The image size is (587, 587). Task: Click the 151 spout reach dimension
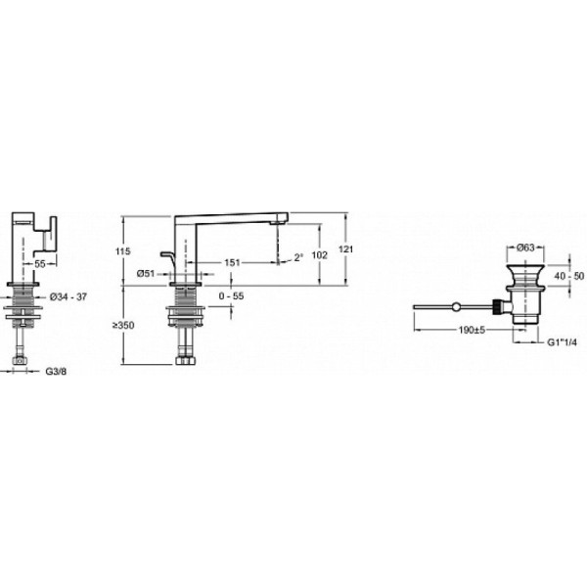[x=232, y=262]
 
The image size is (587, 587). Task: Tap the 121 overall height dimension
[x=345, y=248]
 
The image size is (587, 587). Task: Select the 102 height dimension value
[x=319, y=255]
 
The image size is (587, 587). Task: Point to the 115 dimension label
[x=123, y=251]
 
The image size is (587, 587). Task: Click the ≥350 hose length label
[x=123, y=325]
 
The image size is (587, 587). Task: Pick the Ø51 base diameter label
[x=146, y=273]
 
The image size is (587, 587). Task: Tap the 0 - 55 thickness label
[x=231, y=295]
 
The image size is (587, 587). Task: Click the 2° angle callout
[x=298, y=257]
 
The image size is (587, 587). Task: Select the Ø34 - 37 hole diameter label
[x=68, y=296]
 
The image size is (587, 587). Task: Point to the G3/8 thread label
[x=56, y=372]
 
